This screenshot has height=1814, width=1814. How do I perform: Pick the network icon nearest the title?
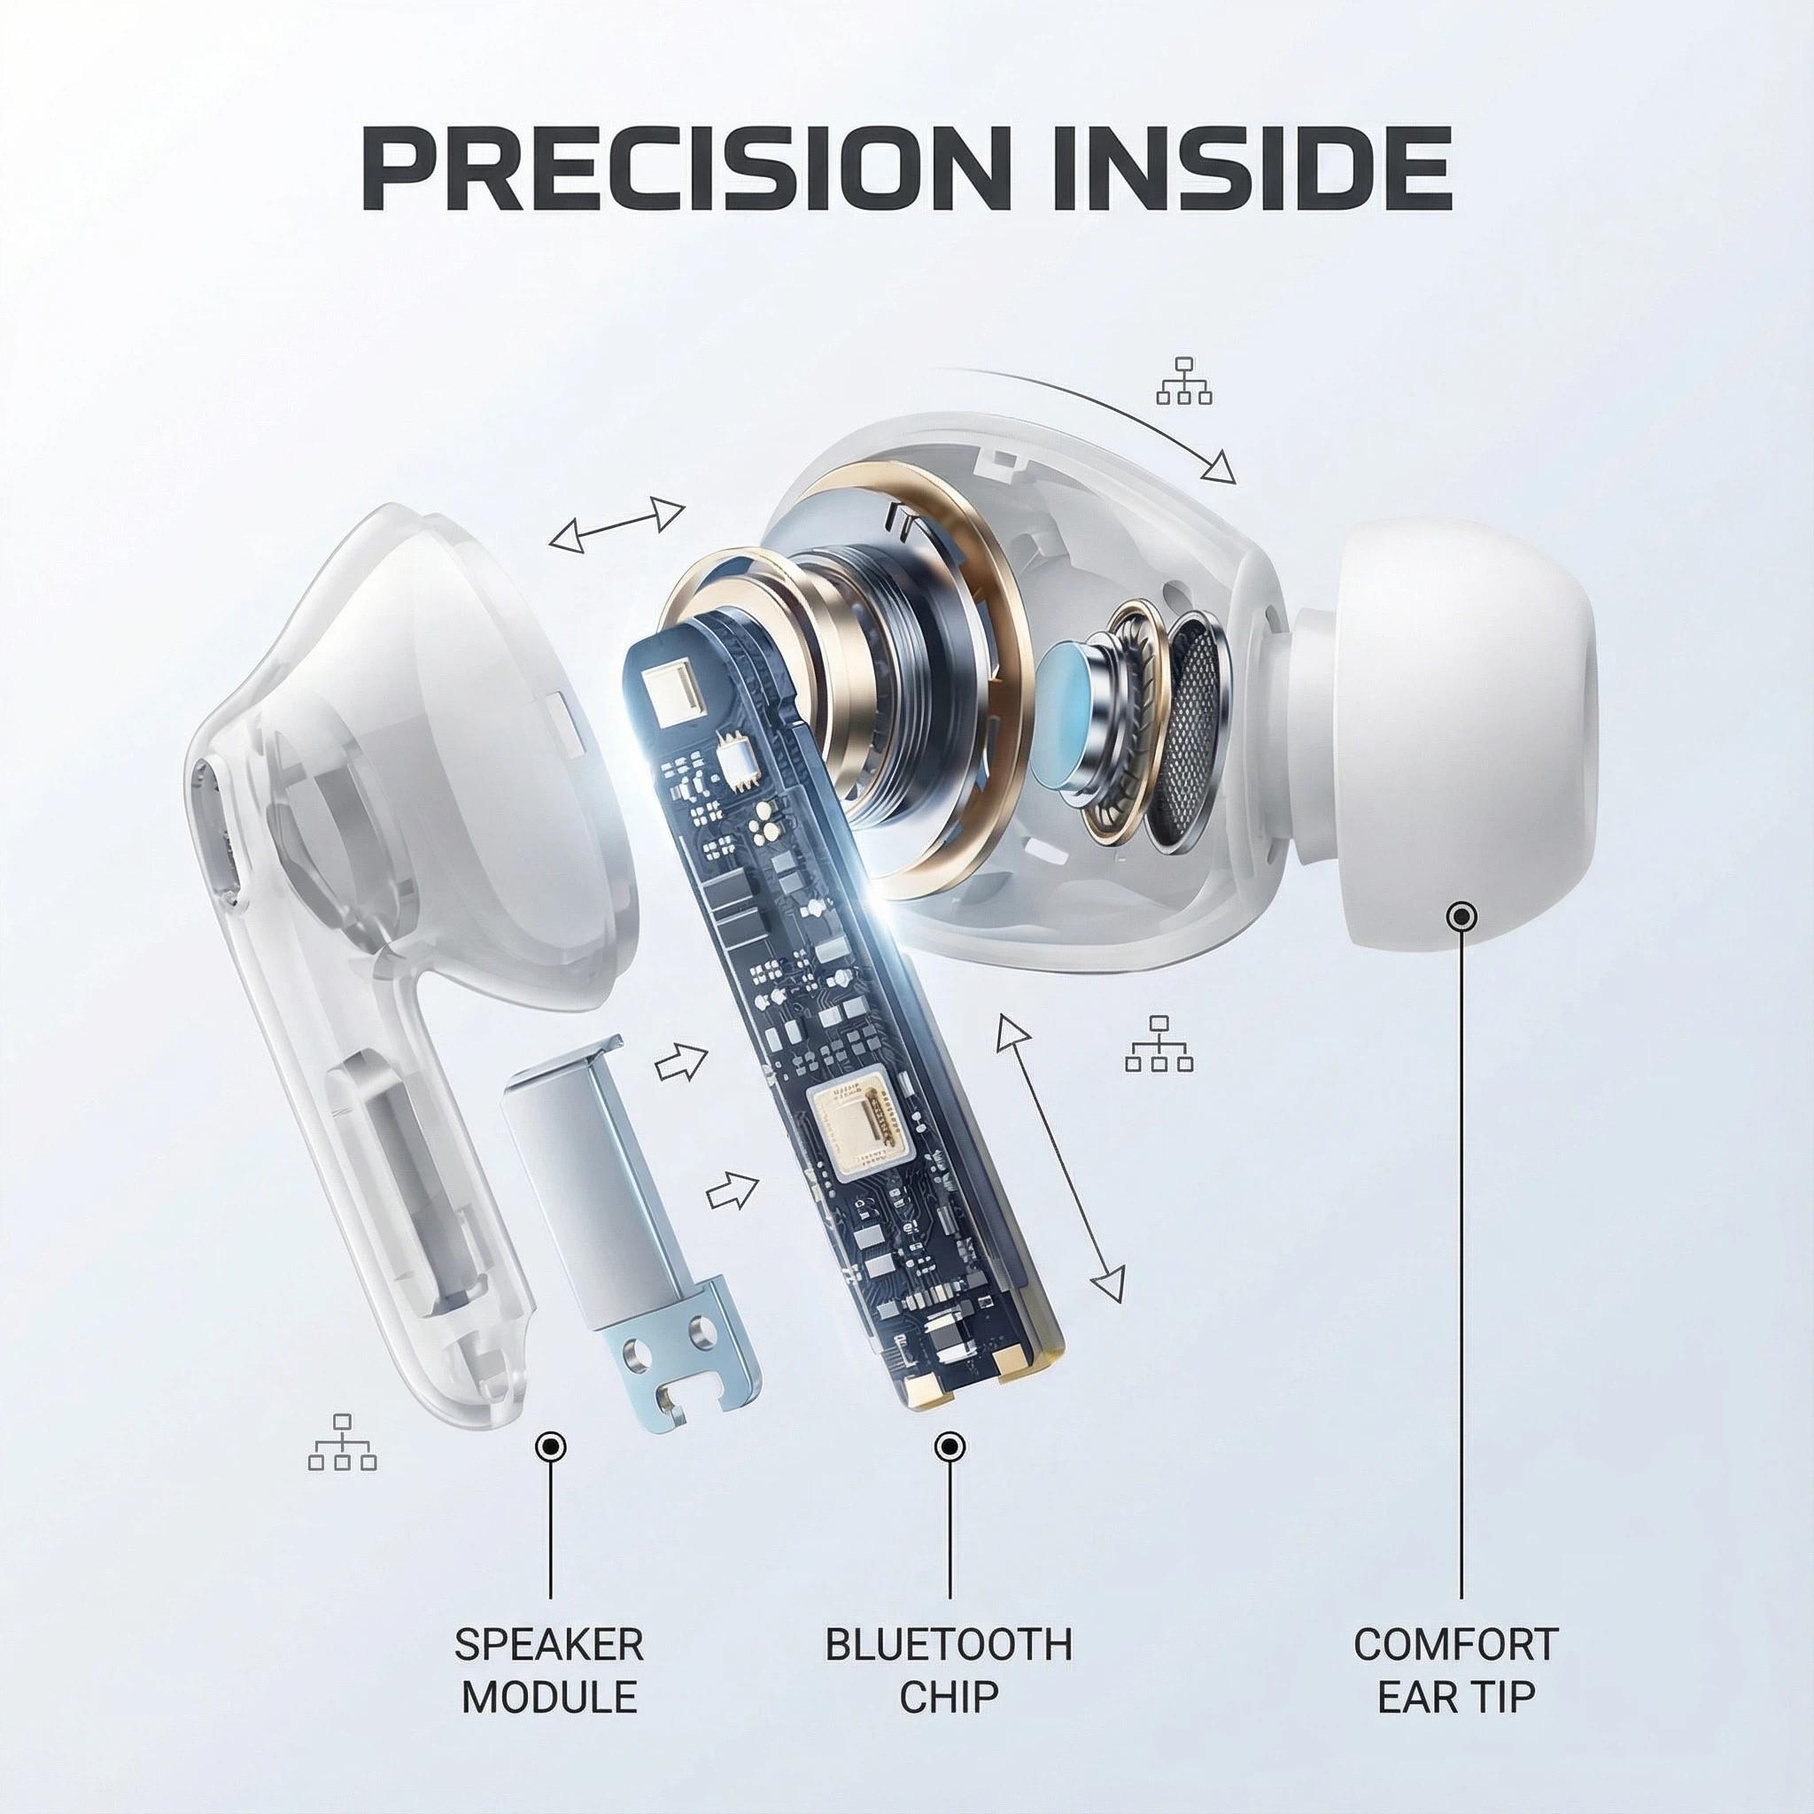point(1184,379)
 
